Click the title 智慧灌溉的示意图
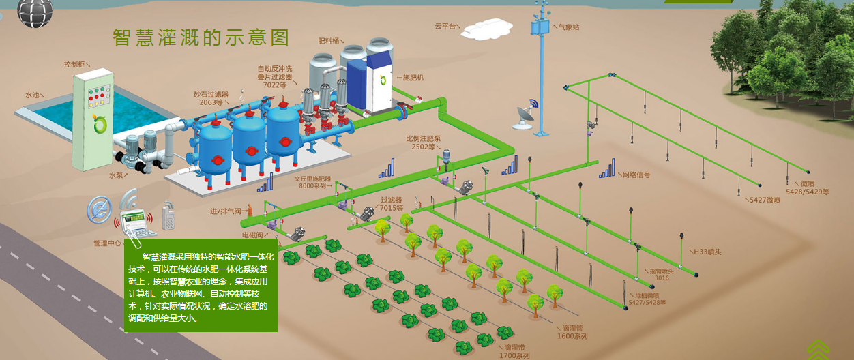201,37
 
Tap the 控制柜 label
74,64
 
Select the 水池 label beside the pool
33,95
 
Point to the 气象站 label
568,27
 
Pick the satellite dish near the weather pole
525,114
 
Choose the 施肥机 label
413,78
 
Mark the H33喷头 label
708,252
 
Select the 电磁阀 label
253,235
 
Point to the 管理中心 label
107,243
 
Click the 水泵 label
117,175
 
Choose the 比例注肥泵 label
424,138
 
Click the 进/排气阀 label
226,211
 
